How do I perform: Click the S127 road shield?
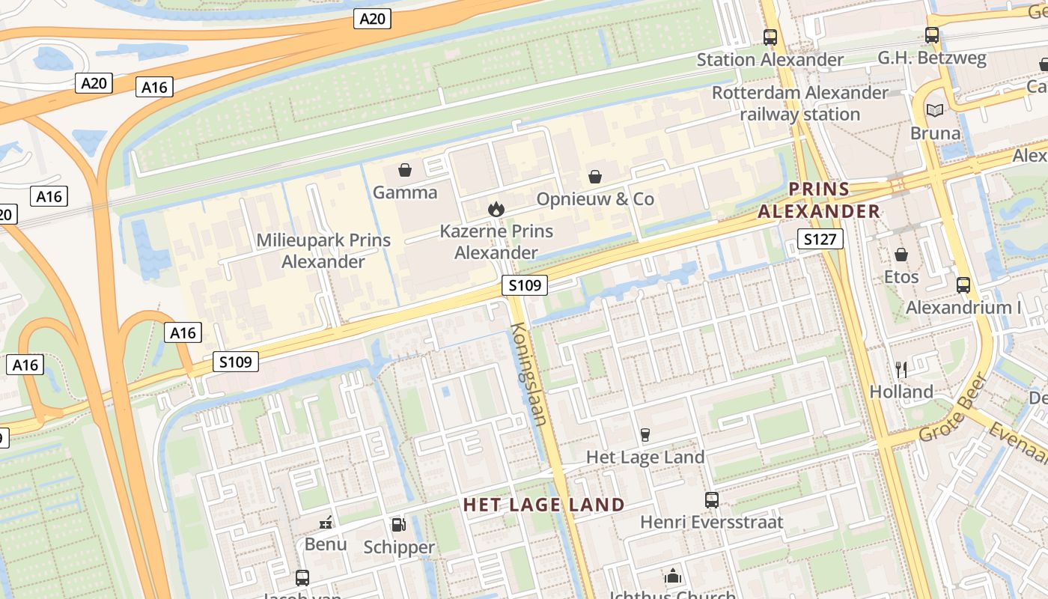(820, 240)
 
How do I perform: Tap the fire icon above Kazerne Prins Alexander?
(496, 209)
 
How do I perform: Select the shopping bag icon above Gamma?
(405, 170)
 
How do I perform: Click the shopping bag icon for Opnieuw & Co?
(595, 177)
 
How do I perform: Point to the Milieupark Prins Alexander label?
(323, 251)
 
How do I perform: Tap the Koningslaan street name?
(529, 374)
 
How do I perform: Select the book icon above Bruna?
(935, 111)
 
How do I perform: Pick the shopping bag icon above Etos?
(901, 255)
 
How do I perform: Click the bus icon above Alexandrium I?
(963, 285)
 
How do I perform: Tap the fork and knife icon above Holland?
(901, 369)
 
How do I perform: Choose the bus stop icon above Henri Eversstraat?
(712, 499)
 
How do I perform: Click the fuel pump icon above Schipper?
(398, 525)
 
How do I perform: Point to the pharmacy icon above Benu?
(326, 522)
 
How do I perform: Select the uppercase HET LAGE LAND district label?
(543, 505)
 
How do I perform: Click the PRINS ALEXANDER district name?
(819, 201)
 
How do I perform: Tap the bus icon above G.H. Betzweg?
(932, 35)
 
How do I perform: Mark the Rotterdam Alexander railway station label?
(799, 103)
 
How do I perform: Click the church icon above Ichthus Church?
(673, 577)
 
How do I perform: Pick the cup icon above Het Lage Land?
(645, 435)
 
